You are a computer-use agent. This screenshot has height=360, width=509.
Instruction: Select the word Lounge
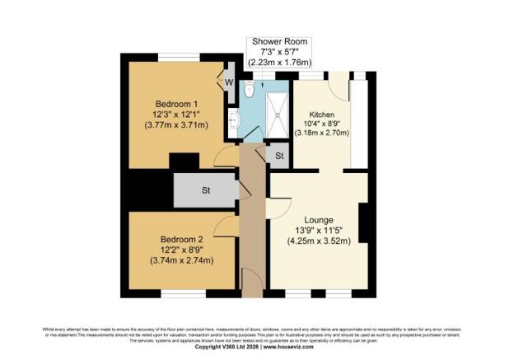pos(319,220)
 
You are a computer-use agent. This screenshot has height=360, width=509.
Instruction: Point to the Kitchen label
pos(322,114)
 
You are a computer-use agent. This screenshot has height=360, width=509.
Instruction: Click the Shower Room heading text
pos(280,41)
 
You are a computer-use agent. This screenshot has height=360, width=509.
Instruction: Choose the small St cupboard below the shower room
pos(279,156)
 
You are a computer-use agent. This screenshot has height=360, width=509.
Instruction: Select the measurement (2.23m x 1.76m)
pos(280,63)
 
